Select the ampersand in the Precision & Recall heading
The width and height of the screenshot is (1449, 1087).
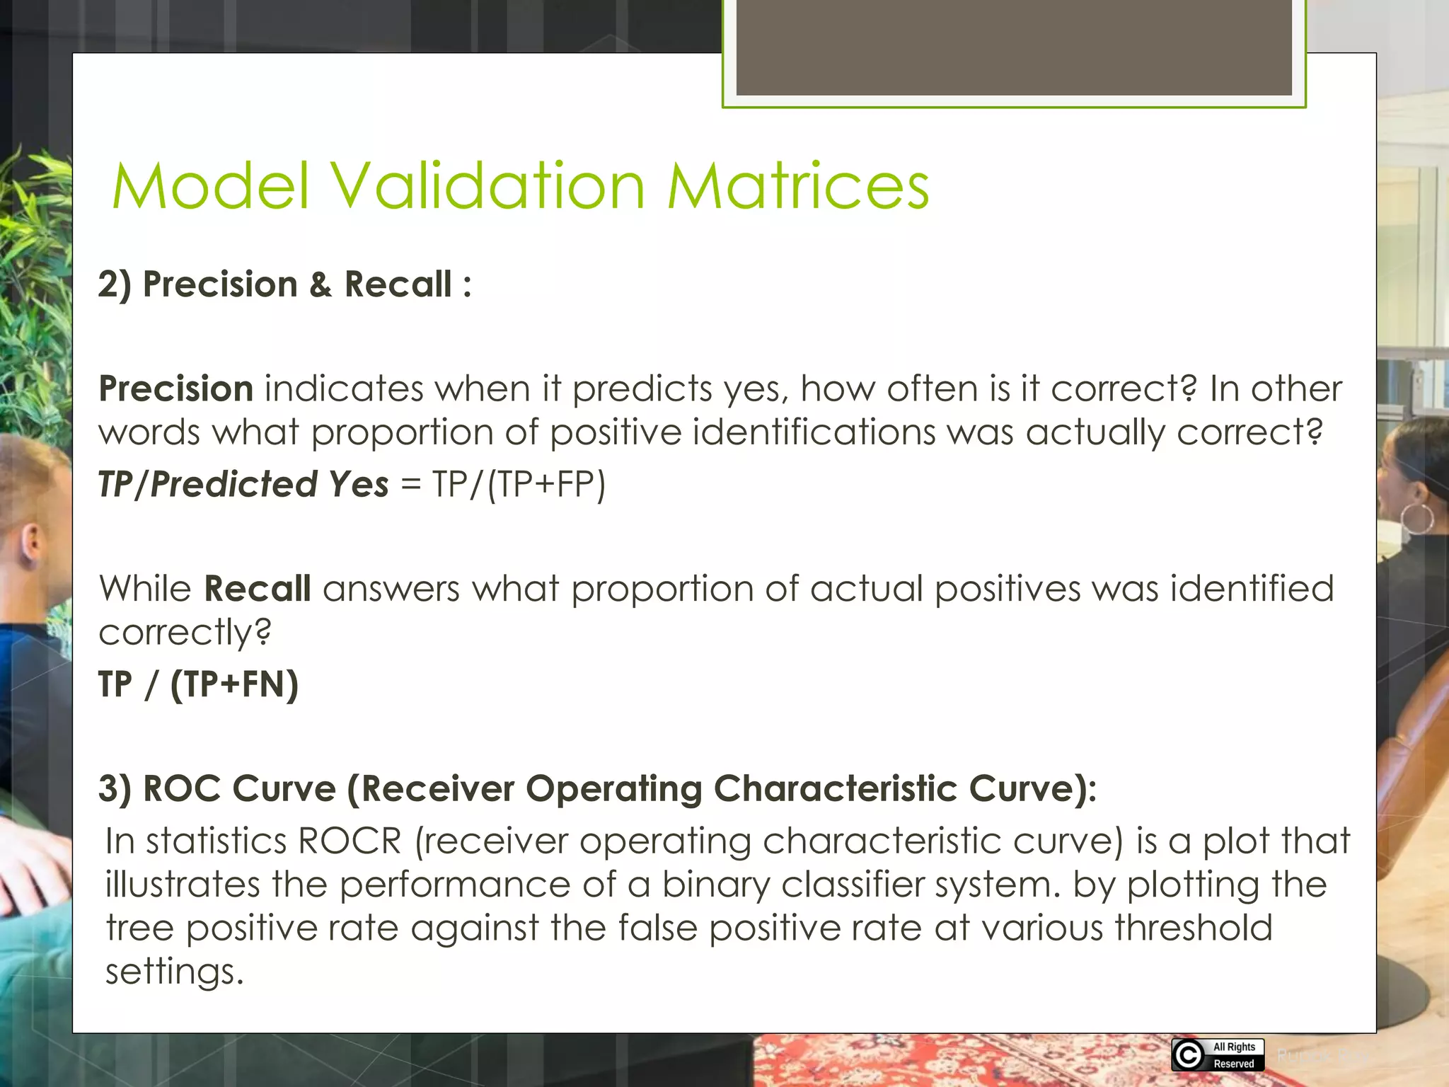pyautogui.click(x=320, y=284)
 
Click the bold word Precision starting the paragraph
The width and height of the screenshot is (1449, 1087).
pyautogui.click(x=175, y=389)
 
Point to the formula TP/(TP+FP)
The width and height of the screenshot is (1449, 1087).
pyautogui.click(x=519, y=485)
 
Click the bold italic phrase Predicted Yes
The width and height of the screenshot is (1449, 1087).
pyautogui.click(x=269, y=485)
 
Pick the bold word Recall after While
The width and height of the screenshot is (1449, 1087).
pyautogui.click(x=257, y=589)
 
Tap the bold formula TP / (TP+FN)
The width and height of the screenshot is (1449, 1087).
pyautogui.click(x=198, y=684)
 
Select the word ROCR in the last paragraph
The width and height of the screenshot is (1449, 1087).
pyautogui.click(x=350, y=841)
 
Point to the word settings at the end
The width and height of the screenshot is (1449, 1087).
pyautogui.click(x=174, y=972)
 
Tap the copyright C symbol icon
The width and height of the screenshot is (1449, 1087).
pyautogui.click(x=1188, y=1055)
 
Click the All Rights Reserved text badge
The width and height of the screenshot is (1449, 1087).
pyautogui.click(x=1234, y=1055)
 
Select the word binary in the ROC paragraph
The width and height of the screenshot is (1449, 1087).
pyautogui.click(x=715, y=885)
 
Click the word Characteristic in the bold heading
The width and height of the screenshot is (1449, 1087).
pyautogui.click(x=835, y=788)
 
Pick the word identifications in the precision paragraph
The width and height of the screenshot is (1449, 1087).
pyautogui.click(x=814, y=432)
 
